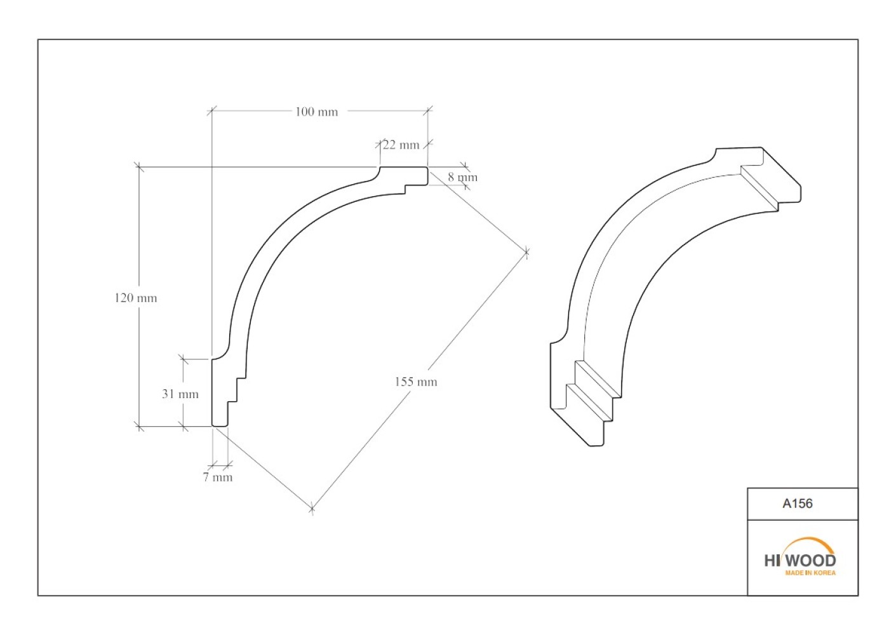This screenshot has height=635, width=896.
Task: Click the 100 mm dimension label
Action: pyautogui.click(x=316, y=112)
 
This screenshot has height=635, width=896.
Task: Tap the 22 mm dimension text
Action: pyautogui.click(x=401, y=145)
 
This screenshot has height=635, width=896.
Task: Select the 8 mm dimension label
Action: pyautogui.click(x=462, y=177)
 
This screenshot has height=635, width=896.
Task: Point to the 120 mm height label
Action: pyautogui.click(x=136, y=298)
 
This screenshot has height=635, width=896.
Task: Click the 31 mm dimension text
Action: pyautogui.click(x=180, y=394)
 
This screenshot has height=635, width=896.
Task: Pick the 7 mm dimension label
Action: pyautogui.click(x=218, y=477)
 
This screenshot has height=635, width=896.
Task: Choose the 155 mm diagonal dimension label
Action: pyautogui.click(x=415, y=382)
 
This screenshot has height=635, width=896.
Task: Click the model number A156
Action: pyautogui.click(x=797, y=504)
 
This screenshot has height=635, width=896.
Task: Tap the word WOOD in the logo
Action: pyautogui.click(x=810, y=561)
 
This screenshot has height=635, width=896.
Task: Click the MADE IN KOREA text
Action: pyautogui.click(x=810, y=573)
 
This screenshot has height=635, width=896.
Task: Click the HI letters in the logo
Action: pyautogui.click(x=772, y=561)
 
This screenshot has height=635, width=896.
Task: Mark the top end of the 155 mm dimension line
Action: pyautogui.click(x=526, y=252)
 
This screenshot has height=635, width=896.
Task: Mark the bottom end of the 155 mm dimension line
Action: pyautogui.click(x=312, y=509)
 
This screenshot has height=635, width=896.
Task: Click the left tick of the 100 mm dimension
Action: pyautogui.click(x=211, y=110)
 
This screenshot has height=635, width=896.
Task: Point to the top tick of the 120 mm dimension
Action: pyautogui.click(x=139, y=167)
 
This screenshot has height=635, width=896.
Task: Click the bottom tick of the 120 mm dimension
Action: pyautogui.click(x=139, y=427)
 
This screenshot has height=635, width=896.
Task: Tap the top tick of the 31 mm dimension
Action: pyautogui.click(x=183, y=359)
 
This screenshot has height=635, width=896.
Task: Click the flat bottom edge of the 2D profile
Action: pyautogui.click(x=220, y=426)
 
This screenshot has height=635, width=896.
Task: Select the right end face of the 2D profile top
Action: pyautogui.click(x=427, y=176)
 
